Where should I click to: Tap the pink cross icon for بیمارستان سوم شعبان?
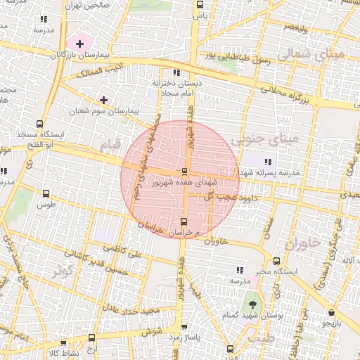coord(104,100)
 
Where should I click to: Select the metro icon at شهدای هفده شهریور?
coord(184,171)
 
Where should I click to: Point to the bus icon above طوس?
coord(46,193)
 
